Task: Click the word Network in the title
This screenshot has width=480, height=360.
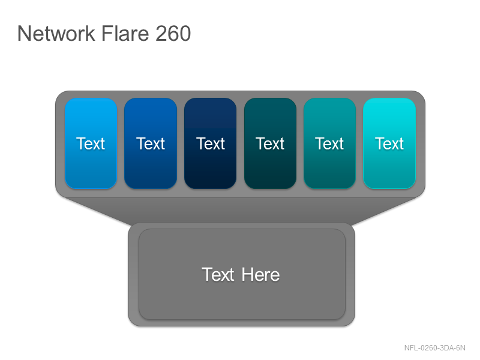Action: [x=56, y=34]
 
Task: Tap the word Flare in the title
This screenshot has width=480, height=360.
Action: [x=125, y=34]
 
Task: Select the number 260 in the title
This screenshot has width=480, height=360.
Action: [x=173, y=34]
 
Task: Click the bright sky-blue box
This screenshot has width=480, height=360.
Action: [x=91, y=143]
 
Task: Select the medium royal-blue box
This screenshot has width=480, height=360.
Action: [x=151, y=143]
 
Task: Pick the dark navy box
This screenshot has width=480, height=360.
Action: [x=211, y=143]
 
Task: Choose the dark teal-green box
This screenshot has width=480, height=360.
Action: [x=271, y=143]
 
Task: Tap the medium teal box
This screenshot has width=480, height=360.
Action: [x=329, y=143]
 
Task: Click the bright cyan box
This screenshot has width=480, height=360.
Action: [x=389, y=143]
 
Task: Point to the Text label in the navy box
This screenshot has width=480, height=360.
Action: [x=211, y=143]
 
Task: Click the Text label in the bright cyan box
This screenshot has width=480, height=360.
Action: [x=389, y=143]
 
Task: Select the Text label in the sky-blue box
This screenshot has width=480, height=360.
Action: [x=91, y=143]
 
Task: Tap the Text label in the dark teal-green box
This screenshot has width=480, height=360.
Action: [x=270, y=143]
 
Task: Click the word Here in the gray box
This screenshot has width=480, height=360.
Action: [x=260, y=275]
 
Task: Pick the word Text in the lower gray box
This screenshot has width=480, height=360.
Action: [x=218, y=275]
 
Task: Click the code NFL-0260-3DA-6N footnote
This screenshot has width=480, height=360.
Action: [x=434, y=348]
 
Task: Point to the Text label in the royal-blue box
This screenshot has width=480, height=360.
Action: [x=151, y=143]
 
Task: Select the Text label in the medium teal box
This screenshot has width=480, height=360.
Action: [x=329, y=143]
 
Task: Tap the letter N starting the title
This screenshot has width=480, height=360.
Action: [x=23, y=34]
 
